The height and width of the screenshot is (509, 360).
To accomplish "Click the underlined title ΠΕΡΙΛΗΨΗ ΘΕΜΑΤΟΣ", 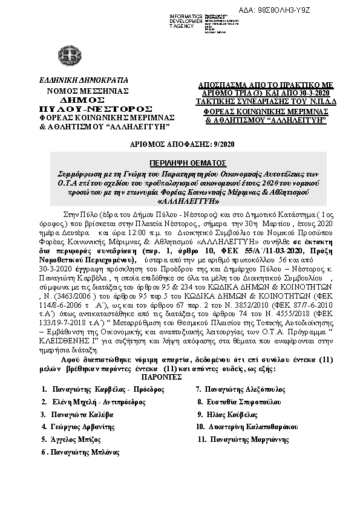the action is [x=180, y=163].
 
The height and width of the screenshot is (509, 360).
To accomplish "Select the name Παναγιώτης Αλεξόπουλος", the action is [x=240, y=390].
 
